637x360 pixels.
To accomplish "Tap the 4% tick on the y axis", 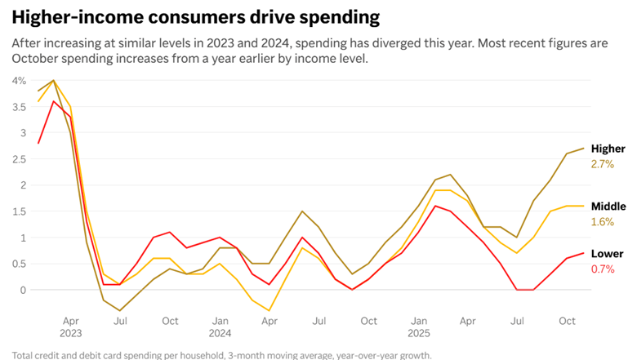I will pos(19,80).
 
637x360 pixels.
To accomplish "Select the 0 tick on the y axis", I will pos(24,290).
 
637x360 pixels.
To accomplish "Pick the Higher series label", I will pos(608,149).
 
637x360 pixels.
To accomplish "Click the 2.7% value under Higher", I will pos(602,164).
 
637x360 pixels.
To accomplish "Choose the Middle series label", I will pos(608,207).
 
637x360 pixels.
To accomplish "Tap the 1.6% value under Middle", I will pos(602,222).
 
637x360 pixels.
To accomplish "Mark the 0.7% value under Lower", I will pos(602,269).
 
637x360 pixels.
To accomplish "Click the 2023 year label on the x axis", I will pos(71,333).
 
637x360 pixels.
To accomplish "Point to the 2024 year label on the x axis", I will pos(220,333).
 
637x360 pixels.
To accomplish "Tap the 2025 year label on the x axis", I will pos(418,333).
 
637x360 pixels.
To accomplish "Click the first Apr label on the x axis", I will pos(71,322).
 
